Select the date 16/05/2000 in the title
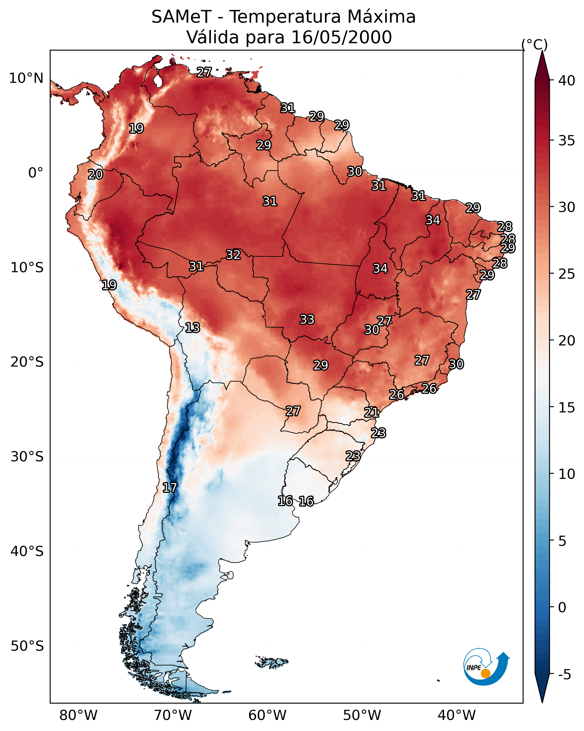click(x=341, y=37)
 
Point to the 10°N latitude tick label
click(x=26, y=78)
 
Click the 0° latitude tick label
click(x=36, y=173)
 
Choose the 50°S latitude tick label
click(x=27, y=646)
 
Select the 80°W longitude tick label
click(x=78, y=715)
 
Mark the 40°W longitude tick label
click(x=457, y=715)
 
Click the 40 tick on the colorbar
click(x=566, y=81)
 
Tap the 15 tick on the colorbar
click(x=566, y=408)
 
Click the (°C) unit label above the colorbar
click(x=535, y=44)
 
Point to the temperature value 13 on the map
click(x=192, y=328)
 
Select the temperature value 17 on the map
click(x=170, y=488)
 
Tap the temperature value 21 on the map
click(x=372, y=413)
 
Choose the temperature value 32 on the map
click(x=233, y=255)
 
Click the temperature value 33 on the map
click(x=307, y=319)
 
